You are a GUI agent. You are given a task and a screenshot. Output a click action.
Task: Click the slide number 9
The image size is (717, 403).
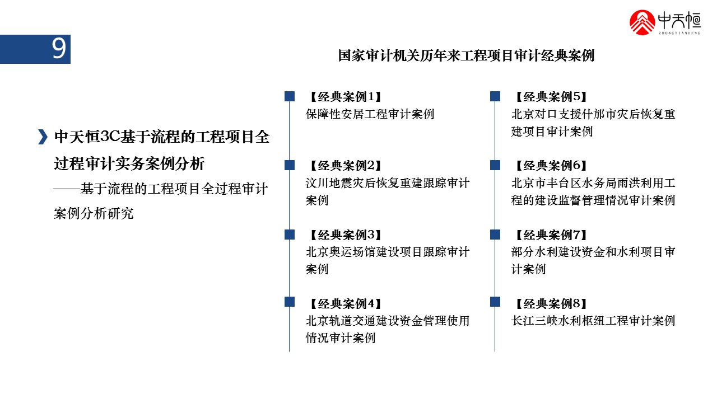pos(59,49)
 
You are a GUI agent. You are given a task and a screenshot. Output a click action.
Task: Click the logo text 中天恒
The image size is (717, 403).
pos(679,20)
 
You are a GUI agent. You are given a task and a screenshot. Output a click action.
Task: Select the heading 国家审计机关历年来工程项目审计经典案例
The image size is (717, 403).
pos(466,56)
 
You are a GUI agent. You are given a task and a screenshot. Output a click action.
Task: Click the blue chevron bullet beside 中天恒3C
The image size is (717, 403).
pos(42,137)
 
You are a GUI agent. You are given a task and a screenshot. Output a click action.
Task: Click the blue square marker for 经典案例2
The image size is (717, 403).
pos(290,165)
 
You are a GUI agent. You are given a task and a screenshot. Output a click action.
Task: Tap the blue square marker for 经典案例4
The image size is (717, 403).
pos(290,302)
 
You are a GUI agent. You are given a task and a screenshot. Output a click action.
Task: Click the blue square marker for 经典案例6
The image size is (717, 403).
pos(495,165)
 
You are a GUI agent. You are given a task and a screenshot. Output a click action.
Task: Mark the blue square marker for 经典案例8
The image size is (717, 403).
pos(495,302)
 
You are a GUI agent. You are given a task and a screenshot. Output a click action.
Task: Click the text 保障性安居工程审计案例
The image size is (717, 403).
pos(370,115)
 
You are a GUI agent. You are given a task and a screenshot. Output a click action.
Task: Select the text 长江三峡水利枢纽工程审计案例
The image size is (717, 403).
pos(593,321)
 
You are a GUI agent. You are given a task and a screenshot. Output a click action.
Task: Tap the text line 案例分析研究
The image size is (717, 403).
pos(94,214)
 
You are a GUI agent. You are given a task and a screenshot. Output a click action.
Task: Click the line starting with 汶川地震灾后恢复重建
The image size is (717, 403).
pos(388,184)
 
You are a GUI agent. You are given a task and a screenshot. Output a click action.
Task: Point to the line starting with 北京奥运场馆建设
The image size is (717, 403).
pos(388,252)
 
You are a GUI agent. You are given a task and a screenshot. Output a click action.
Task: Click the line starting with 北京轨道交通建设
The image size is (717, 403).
pos(388,321)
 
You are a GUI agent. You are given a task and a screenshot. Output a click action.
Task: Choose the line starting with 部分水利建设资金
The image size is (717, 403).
pos(593,252)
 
